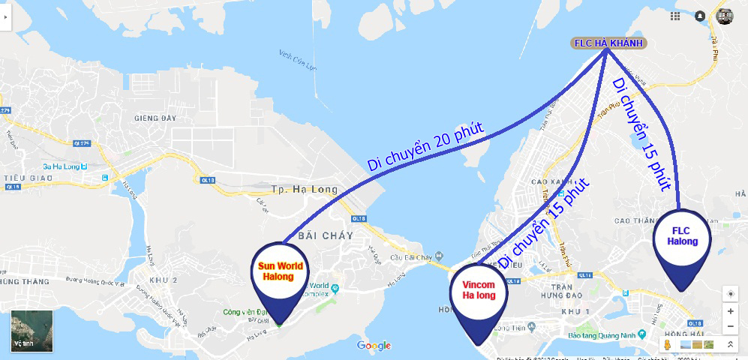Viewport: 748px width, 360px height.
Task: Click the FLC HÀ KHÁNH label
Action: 608,43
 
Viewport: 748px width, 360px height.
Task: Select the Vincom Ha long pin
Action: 479,294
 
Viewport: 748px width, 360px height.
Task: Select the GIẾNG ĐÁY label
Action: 155,118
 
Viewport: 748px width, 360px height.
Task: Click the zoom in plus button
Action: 730,310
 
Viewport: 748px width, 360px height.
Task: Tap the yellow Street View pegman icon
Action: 666,344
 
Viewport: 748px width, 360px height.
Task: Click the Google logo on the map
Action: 374,345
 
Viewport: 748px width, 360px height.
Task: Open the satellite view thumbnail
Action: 32,331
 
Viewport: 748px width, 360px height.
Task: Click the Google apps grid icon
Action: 676,16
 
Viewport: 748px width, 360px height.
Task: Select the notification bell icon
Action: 700,16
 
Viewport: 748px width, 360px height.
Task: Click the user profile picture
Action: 725,16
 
